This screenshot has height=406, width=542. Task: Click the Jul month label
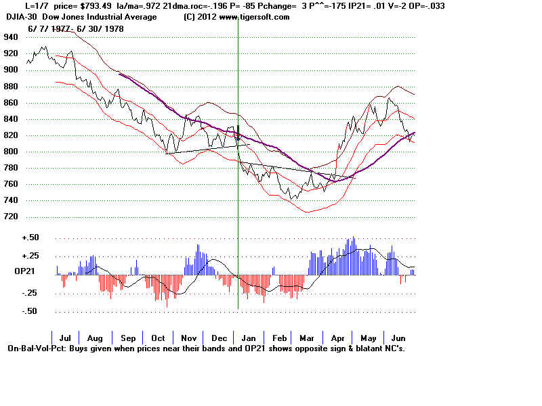tap(66, 338)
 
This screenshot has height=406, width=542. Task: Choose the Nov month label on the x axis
tap(188, 338)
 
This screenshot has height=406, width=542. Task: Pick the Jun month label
tap(399, 338)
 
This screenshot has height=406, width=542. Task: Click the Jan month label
tap(249, 338)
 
